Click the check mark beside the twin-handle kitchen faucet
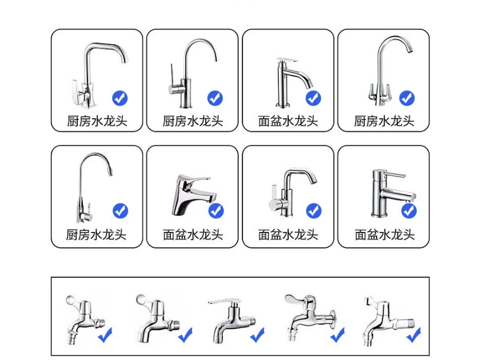coord(406,98)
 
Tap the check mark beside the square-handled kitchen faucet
coord(120,98)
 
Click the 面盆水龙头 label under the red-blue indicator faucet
coord(193,234)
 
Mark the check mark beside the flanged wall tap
coord(338,334)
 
